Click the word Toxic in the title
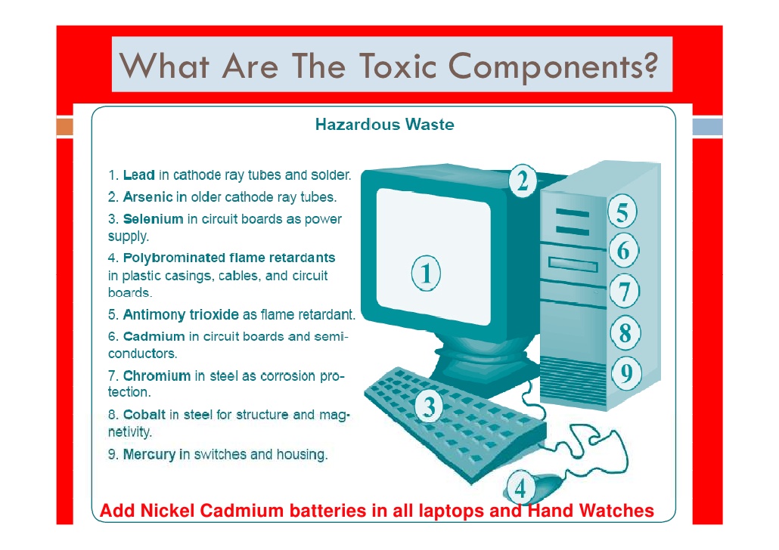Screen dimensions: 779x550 pyautogui.click(x=398, y=66)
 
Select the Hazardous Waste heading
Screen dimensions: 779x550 pyautogui.click(x=384, y=124)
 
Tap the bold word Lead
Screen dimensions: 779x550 pyautogui.click(x=138, y=175)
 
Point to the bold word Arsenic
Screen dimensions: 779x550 pyautogui.click(x=147, y=197)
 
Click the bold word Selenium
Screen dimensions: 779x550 pyautogui.click(x=153, y=219)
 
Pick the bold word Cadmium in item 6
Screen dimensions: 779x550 pyautogui.click(x=154, y=336)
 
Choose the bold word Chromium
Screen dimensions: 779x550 pyautogui.click(x=157, y=375)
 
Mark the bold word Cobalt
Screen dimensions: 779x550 pyautogui.click(x=144, y=415)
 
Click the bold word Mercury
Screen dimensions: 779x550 pyautogui.click(x=149, y=454)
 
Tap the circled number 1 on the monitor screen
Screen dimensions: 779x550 pyautogui.click(x=426, y=273)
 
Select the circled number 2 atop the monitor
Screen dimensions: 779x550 pyautogui.click(x=522, y=181)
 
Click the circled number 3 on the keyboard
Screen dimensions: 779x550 pyautogui.click(x=428, y=406)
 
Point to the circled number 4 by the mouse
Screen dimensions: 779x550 pyautogui.click(x=520, y=489)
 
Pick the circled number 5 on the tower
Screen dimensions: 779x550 pyautogui.click(x=622, y=212)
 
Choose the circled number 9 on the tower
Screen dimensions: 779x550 pyautogui.click(x=626, y=372)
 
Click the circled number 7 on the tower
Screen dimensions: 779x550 pyautogui.click(x=625, y=292)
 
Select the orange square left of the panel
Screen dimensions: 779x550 pyautogui.click(x=64, y=127)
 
